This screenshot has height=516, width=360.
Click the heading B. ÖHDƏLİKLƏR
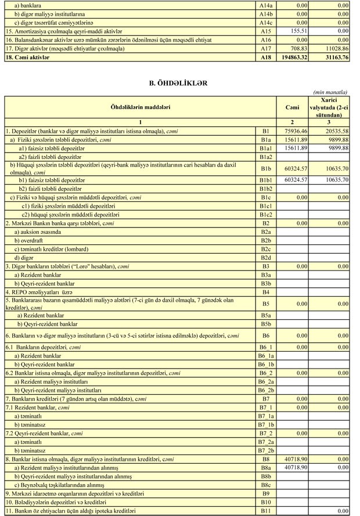click(178, 84)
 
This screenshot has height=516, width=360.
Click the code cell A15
click(266, 30)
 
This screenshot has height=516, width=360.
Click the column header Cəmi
click(293, 107)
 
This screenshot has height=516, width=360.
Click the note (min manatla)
click(330, 92)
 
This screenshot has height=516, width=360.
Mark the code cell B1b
click(266, 168)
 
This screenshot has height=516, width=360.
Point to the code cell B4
click(266, 292)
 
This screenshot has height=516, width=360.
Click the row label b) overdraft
click(30, 240)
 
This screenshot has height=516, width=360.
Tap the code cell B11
click(266, 511)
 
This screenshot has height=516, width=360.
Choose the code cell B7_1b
click(266, 425)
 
